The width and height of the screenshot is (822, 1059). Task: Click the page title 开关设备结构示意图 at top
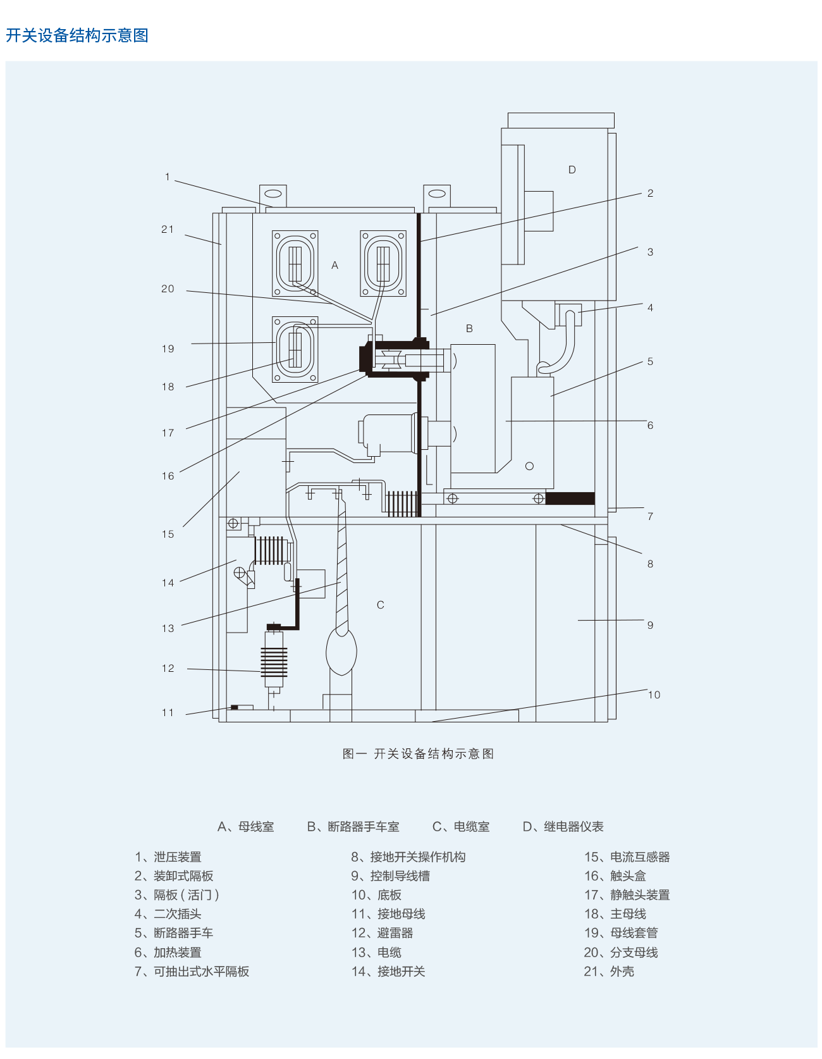(77, 35)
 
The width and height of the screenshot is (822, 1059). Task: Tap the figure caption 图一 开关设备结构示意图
(418, 753)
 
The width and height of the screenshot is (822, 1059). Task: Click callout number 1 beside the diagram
(168, 177)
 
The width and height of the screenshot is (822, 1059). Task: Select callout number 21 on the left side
(168, 230)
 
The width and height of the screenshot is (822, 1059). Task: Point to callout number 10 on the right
(654, 695)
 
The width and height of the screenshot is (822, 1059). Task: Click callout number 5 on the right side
(650, 362)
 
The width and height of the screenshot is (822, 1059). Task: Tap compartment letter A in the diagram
(335, 266)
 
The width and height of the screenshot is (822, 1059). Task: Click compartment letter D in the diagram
(572, 170)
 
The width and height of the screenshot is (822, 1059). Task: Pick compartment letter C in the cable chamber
(381, 605)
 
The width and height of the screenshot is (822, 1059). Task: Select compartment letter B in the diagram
(469, 328)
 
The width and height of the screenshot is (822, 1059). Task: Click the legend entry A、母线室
(246, 827)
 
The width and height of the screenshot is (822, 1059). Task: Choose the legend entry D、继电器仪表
(563, 827)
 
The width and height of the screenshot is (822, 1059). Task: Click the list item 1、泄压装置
(168, 857)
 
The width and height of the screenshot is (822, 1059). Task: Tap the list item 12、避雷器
(383, 933)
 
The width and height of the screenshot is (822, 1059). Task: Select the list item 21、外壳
(609, 971)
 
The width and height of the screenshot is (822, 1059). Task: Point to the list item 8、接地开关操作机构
(408, 857)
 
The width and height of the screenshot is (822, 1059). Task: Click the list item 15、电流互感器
(627, 857)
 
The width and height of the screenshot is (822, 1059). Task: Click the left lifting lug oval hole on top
(273, 194)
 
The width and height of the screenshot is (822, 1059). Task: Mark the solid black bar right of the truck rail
(570, 499)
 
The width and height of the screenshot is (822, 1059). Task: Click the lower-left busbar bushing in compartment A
(295, 349)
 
